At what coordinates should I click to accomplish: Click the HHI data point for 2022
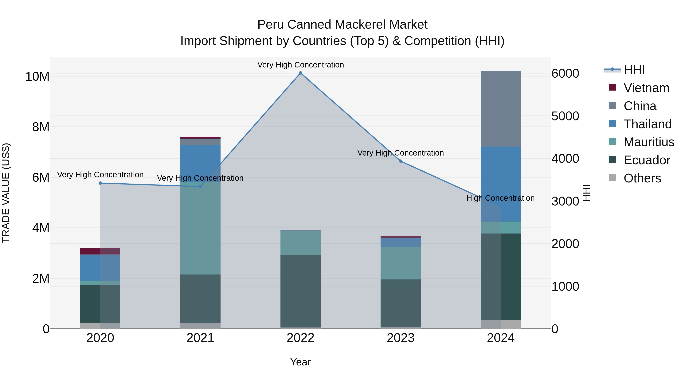point(300,73)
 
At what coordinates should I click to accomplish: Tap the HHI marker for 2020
point(100,183)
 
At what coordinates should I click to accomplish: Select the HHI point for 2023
point(401,161)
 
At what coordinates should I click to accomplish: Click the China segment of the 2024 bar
point(501,108)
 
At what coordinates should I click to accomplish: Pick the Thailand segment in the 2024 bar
point(501,184)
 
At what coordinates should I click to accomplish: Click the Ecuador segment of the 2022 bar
point(300,291)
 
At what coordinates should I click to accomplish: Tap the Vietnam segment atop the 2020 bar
point(100,251)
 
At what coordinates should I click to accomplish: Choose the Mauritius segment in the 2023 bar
point(401,263)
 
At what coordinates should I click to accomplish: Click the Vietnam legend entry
point(646,88)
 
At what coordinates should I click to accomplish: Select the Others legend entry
point(642,178)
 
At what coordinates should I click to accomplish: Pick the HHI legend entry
point(634,70)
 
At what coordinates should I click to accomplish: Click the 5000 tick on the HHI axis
point(565,116)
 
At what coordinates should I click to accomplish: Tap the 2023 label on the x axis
point(401,338)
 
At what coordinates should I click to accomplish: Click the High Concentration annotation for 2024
point(500,198)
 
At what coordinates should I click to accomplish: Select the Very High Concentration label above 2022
point(300,65)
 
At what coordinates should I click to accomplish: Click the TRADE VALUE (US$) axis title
point(6,193)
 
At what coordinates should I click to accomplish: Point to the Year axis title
point(300,362)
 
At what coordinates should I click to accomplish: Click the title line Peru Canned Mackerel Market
point(342,25)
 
